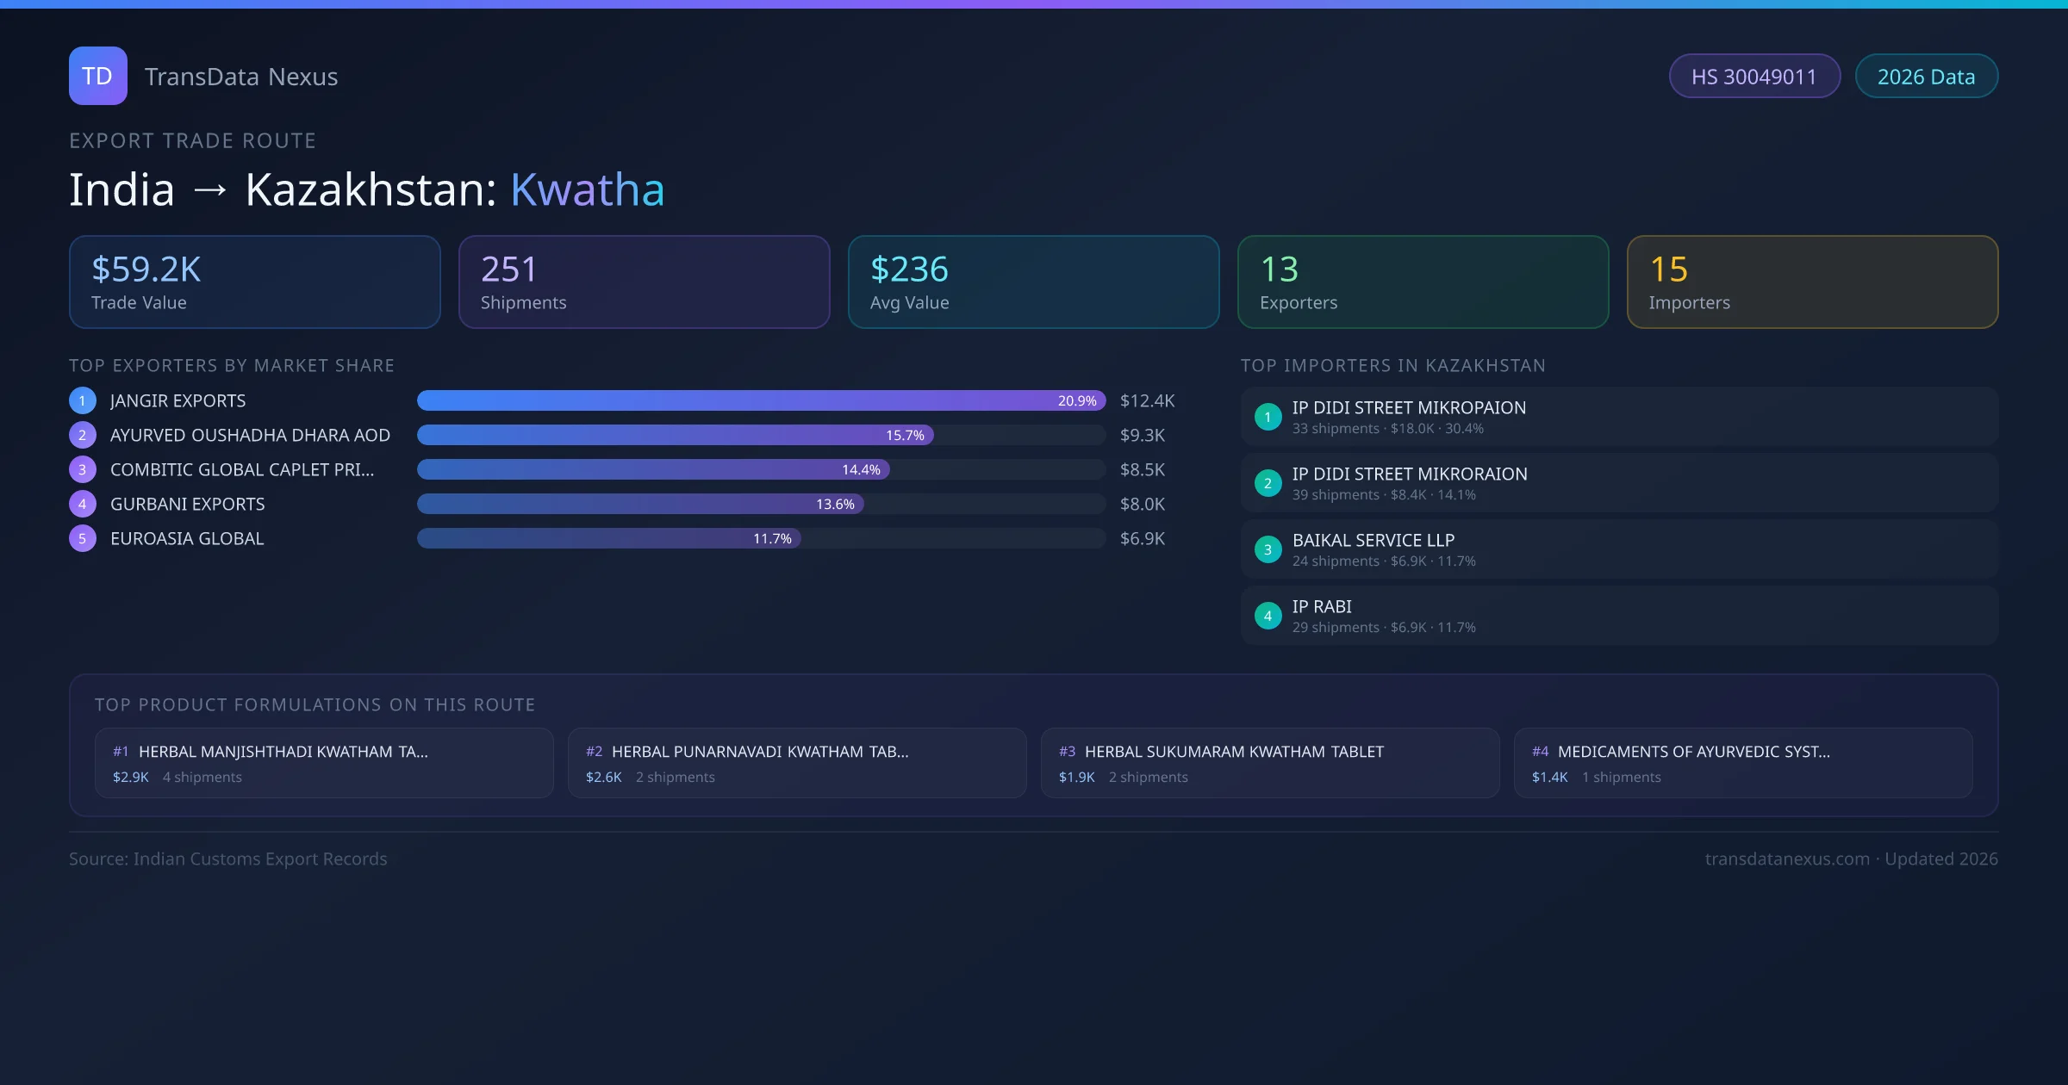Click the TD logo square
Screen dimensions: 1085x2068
97,76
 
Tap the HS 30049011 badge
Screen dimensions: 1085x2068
1753,77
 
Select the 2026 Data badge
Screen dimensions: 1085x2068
1926,77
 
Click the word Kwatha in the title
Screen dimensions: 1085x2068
587,189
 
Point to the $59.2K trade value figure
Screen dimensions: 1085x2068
146,270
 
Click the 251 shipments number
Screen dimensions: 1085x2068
508,270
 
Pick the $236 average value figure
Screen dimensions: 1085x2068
909,270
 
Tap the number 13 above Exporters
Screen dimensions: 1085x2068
1279,270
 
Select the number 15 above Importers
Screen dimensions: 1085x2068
1668,270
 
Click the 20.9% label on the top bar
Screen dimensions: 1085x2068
1077,400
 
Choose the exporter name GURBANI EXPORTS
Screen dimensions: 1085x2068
187,504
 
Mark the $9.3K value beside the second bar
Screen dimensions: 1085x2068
1142,435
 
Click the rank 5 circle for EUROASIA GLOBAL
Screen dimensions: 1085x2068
83,538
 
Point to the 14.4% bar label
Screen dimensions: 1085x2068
861,469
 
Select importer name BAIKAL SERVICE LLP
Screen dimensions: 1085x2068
1373,540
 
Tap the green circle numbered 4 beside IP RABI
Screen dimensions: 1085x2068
1268,616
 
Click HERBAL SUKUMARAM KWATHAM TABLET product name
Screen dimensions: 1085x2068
1234,752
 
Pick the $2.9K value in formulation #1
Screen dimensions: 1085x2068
131,777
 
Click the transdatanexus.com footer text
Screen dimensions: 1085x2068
1787,859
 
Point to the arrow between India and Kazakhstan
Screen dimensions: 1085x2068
210,190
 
